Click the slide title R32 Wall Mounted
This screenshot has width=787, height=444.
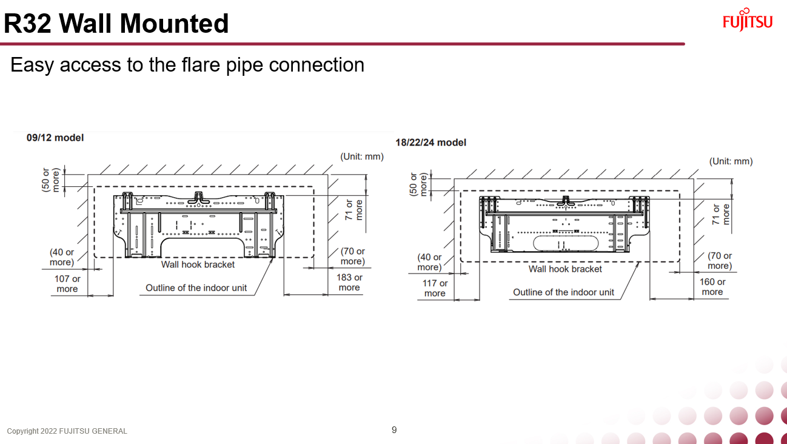click(116, 23)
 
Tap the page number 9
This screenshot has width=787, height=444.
click(394, 430)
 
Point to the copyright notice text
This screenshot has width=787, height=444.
click(67, 431)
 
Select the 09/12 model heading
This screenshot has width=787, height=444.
click(55, 138)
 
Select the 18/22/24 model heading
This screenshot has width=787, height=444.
click(430, 143)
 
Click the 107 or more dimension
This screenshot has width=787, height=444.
click(67, 284)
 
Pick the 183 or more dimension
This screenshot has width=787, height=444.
click(349, 283)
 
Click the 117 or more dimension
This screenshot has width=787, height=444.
click(435, 288)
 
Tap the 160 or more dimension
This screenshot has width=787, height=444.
click(712, 287)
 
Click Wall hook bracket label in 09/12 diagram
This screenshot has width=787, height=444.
click(198, 264)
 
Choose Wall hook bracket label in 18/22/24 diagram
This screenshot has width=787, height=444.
click(565, 269)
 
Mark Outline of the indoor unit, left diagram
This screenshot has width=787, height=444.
click(196, 288)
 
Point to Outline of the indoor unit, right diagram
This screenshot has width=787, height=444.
click(563, 292)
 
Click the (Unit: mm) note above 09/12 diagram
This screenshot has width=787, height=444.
click(362, 156)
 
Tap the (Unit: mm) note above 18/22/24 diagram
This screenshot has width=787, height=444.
click(731, 161)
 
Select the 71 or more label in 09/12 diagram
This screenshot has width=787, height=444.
click(354, 210)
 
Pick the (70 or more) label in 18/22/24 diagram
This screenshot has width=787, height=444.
click(720, 261)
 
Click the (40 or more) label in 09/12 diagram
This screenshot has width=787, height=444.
click(62, 257)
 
